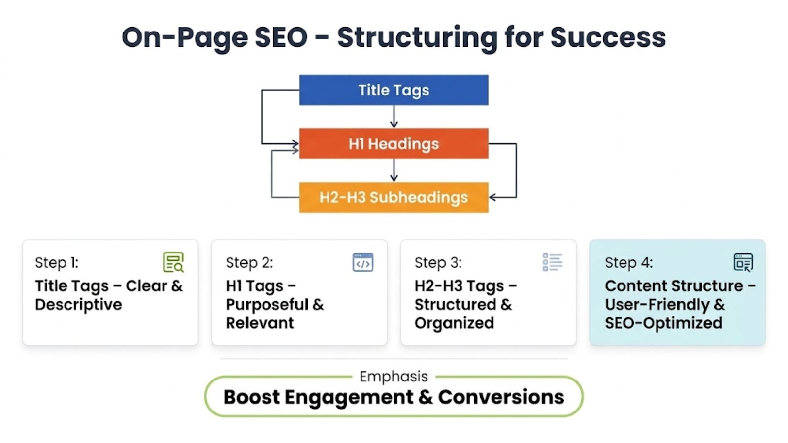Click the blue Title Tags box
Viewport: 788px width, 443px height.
(394, 90)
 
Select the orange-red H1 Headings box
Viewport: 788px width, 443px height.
(394, 144)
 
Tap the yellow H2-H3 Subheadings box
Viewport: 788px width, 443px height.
(394, 197)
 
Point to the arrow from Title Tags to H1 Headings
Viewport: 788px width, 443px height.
(394, 117)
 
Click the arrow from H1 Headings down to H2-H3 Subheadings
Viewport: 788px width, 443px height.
(394, 170)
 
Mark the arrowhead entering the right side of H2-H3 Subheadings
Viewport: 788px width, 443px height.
(492, 197)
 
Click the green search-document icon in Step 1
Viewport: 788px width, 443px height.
(173, 262)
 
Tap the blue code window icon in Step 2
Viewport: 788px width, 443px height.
(363, 262)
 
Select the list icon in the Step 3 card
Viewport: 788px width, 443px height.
(553, 262)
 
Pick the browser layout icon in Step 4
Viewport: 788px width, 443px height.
(743, 262)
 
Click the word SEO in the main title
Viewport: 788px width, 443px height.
(281, 37)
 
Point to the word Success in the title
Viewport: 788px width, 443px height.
(608, 37)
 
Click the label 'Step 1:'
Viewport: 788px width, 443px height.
(57, 263)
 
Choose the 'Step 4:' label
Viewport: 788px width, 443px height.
(628, 263)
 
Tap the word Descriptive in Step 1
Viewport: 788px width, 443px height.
(78, 305)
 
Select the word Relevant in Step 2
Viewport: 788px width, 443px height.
(260, 323)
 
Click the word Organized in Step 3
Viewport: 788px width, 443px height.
(454, 323)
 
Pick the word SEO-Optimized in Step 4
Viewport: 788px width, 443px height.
(663, 323)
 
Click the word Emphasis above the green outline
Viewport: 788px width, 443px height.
(394, 377)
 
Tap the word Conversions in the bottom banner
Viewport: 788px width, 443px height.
(501, 397)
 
